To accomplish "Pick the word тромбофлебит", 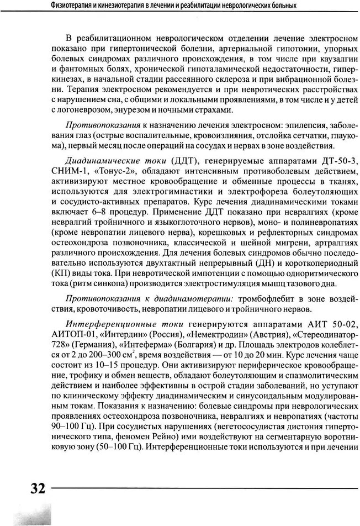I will pos(266,298).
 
